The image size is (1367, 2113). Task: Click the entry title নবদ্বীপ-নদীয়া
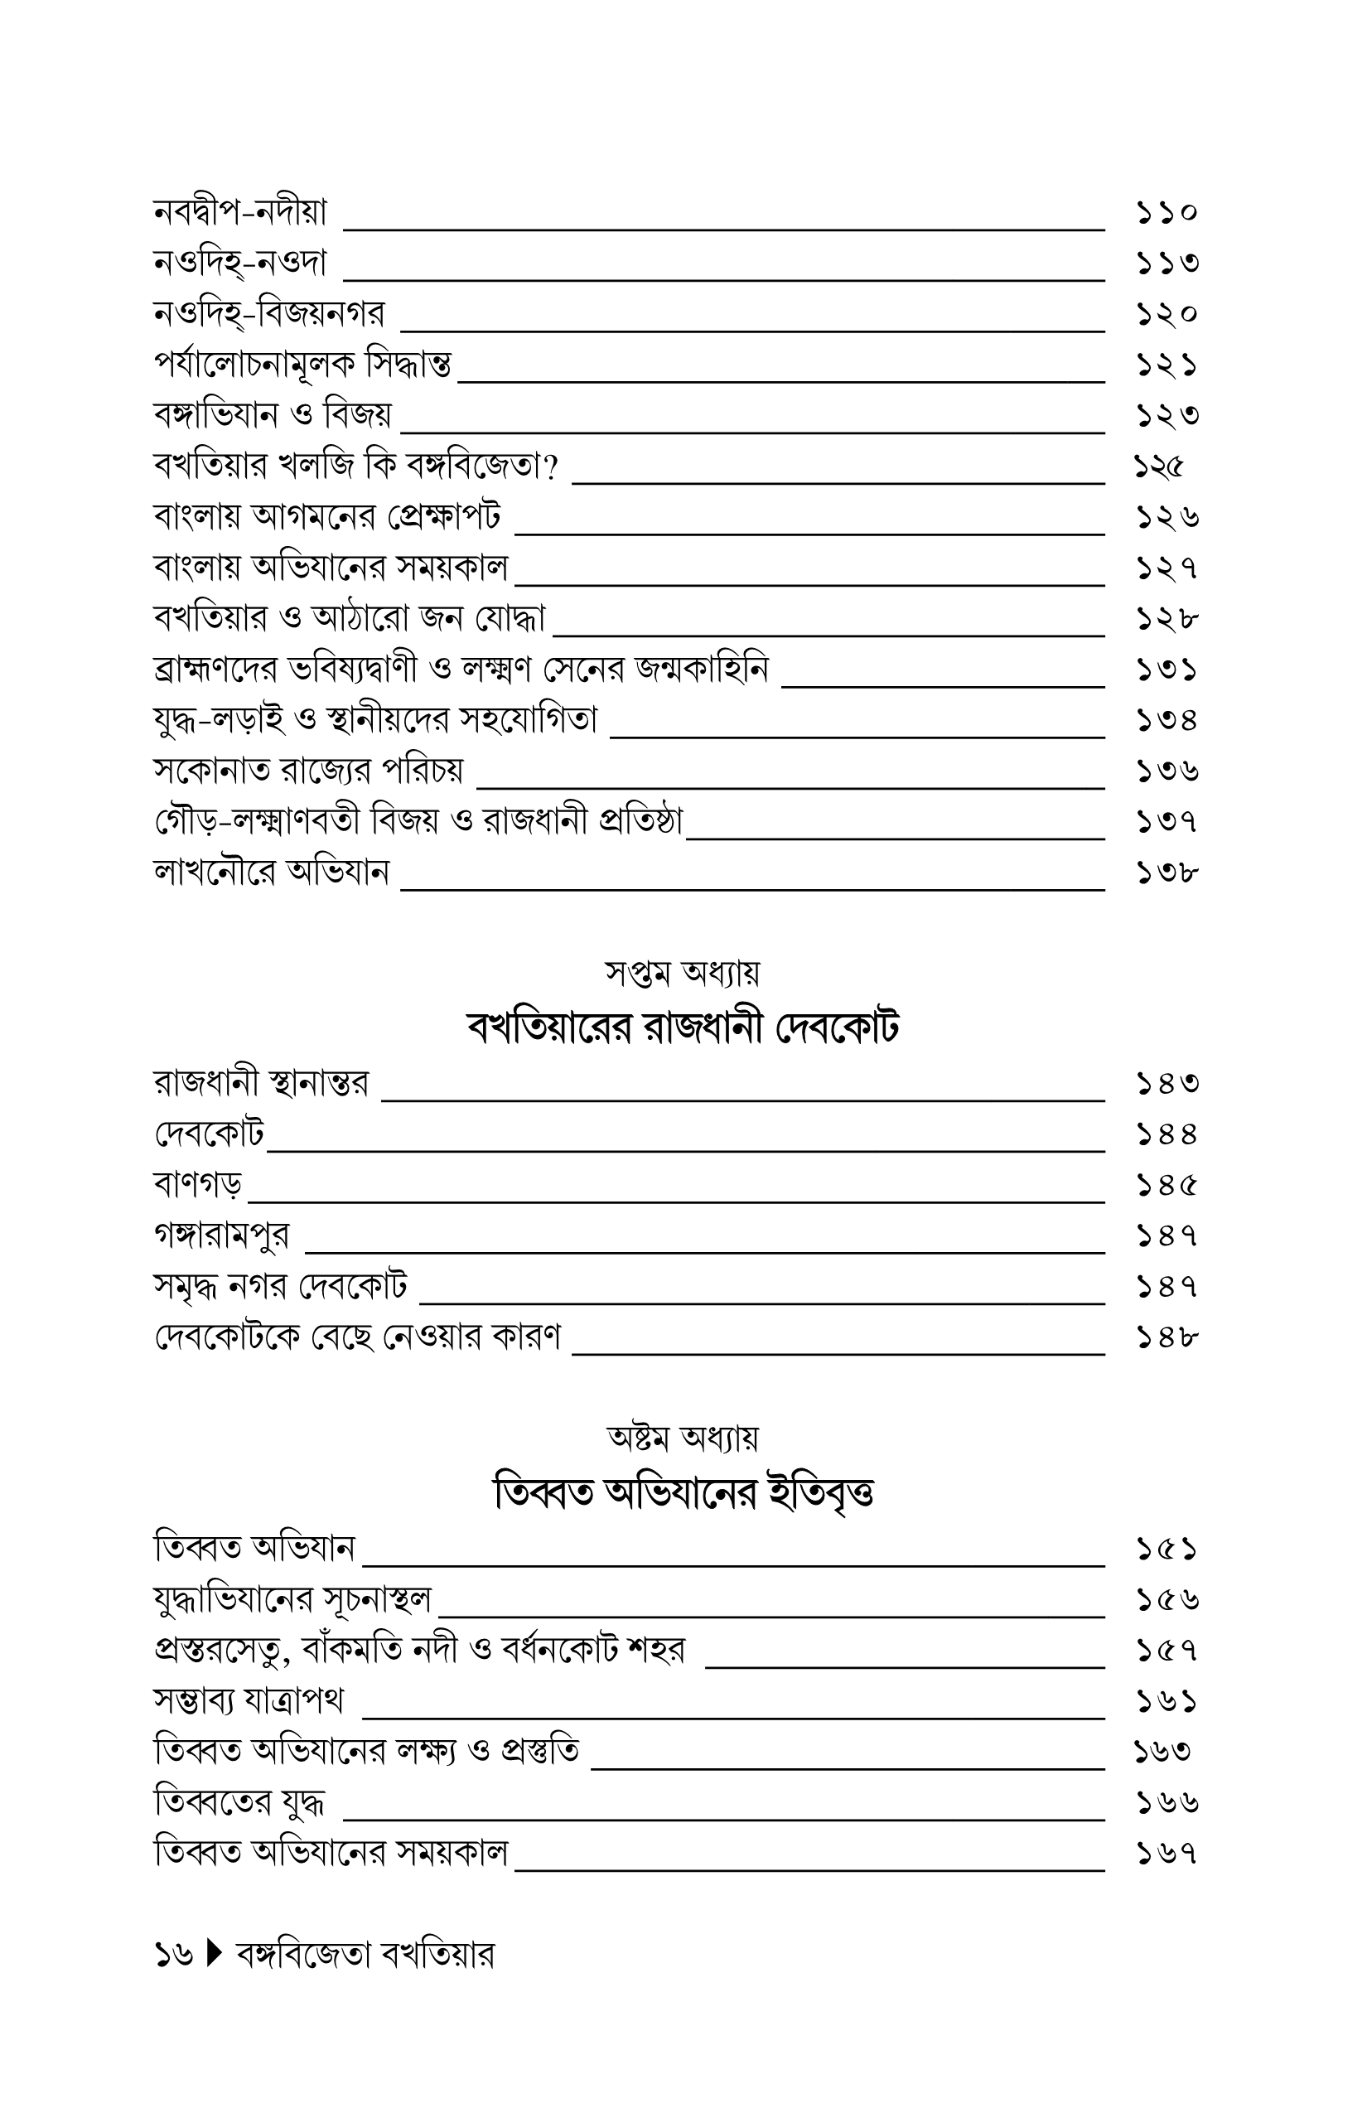[x=240, y=213]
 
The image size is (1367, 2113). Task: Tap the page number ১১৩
[x=1167, y=264]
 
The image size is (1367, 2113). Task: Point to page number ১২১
[x=1167, y=365]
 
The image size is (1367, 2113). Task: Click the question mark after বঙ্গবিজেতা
[x=552, y=467]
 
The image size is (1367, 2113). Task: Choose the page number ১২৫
[x=1159, y=466]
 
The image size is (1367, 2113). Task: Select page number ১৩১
[x=1167, y=670]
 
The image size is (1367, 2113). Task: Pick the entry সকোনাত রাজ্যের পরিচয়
[x=308, y=771]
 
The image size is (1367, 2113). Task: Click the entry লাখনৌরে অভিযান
[x=272, y=873]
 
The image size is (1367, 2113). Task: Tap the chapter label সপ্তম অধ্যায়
[x=683, y=974]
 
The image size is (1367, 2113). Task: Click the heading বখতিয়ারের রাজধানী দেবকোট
[x=683, y=1029]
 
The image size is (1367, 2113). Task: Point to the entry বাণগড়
[x=198, y=1184]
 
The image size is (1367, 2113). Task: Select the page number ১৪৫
[x=1167, y=1185]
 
